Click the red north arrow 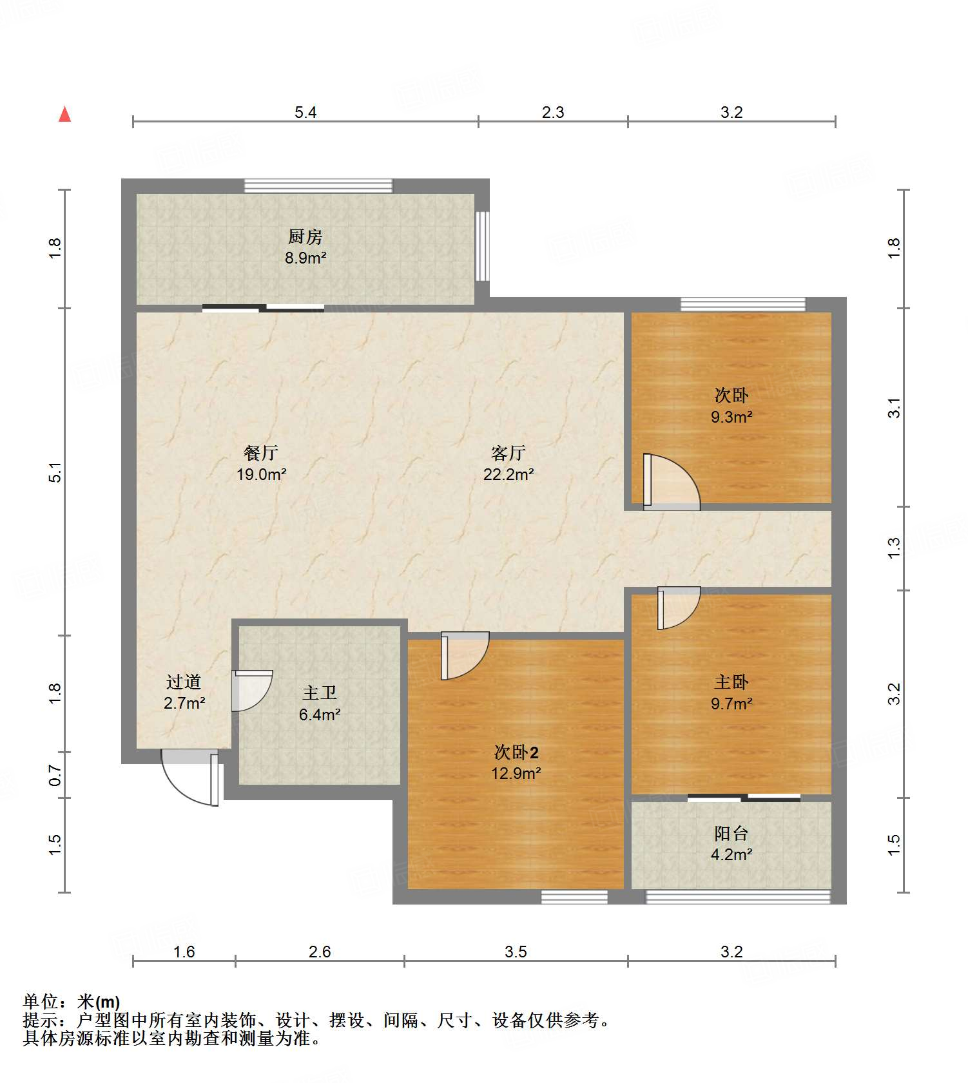point(64,114)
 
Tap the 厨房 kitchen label point(305,237)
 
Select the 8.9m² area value point(305,258)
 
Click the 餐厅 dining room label point(261,453)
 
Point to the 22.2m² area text point(508,475)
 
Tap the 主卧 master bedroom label point(731,682)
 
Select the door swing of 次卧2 point(465,656)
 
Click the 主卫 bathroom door point(252,691)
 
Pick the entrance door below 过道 point(190,778)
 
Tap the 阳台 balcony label point(731,834)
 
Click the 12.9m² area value point(516,774)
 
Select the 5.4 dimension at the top point(305,113)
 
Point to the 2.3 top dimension point(553,113)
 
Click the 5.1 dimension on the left point(55,472)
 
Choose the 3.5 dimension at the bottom point(516,952)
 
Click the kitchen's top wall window point(318,186)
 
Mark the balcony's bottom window point(739,897)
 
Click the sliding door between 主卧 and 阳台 point(744,798)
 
